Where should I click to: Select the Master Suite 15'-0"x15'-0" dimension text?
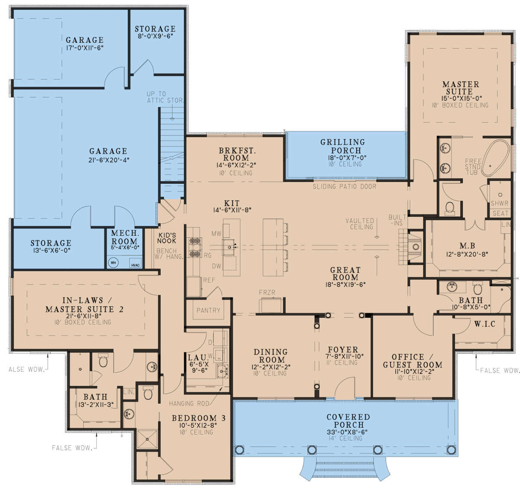pyautogui.click(x=460, y=98)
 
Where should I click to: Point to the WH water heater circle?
pyautogui.click(x=113, y=262)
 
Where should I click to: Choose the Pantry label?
pyautogui.click(x=208, y=310)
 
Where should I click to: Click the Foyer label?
pyautogui.click(x=343, y=350)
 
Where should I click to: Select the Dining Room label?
pyautogui.click(x=270, y=356)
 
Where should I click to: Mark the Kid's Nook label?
pyautogui.click(x=167, y=238)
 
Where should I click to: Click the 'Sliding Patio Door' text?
pyautogui.click(x=344, y=186)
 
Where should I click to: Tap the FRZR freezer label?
pyautogui.click(x=267, y=293)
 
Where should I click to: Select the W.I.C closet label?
pyautogui.click(x=484, y=324)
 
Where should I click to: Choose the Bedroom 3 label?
pyautogui.click(x=198, y=418)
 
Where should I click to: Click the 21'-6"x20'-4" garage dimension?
pyautogui.click(x=108, y=160)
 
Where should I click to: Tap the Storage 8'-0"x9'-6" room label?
pyautogui.click(x=155, y=29)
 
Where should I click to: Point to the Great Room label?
pyautogui.click(x=345, y=274)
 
